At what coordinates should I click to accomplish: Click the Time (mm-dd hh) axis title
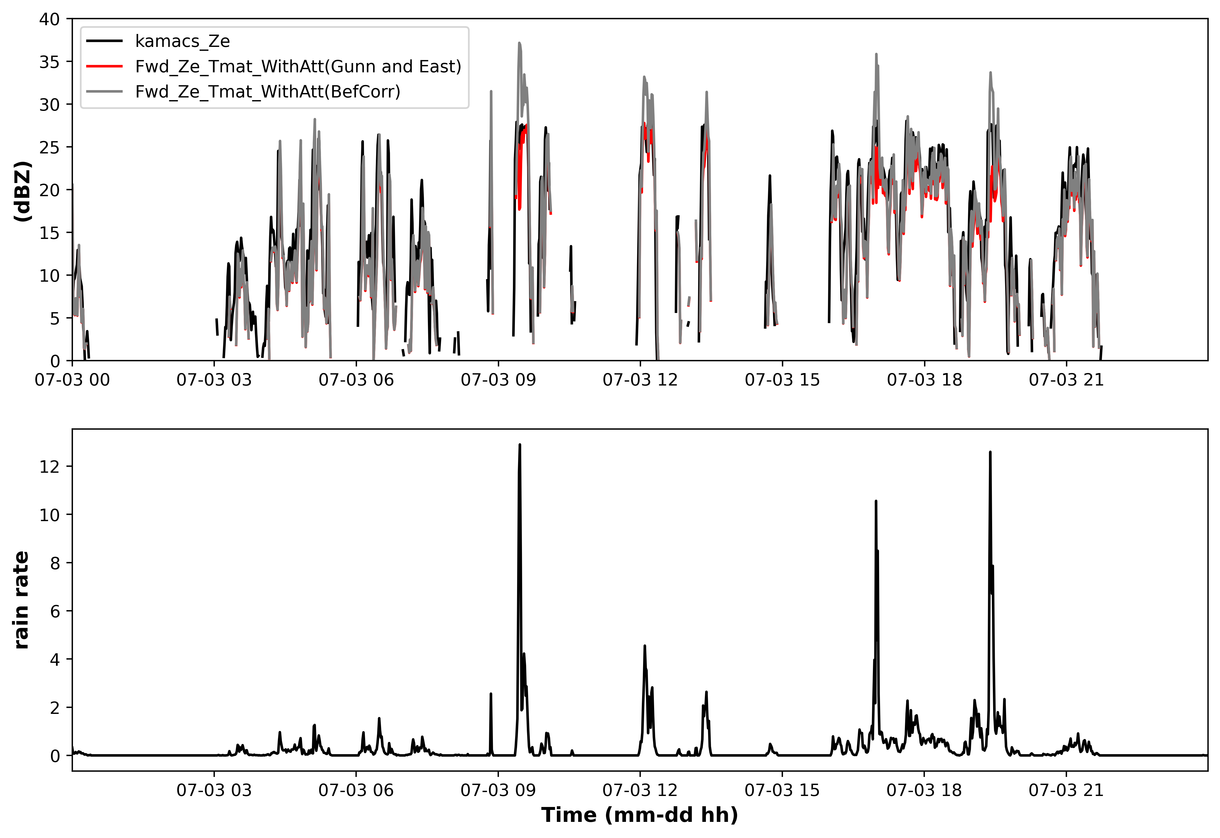[639, 815]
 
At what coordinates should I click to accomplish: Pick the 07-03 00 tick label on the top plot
[73, 380]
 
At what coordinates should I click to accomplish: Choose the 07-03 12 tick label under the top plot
[640, 380]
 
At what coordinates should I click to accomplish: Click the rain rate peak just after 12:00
[645, 646]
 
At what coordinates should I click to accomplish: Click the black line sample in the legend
[105, 41]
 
